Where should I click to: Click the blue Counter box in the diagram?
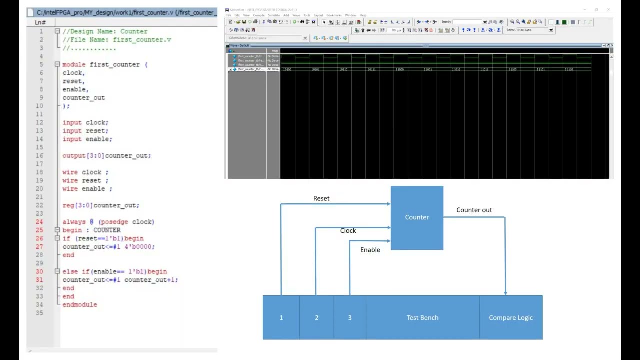point(417,217)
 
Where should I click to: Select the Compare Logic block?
point(511,318)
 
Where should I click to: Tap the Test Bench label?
point(422,318)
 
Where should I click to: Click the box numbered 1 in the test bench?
point(281,318)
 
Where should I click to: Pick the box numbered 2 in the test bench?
point(316,318)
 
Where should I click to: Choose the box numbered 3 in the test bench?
point(350,318)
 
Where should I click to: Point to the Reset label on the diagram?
point(321,198)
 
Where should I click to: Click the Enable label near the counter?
point(370,250)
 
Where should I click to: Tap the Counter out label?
point(474,210)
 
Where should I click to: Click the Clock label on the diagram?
point(348,231)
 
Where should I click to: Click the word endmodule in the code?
point(80,305)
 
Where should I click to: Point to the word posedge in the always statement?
point(114,222)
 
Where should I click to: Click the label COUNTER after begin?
point(107,230)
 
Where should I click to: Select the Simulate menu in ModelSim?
point(274,15)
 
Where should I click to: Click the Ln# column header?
point(40,22)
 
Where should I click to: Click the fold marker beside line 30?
point(57,271)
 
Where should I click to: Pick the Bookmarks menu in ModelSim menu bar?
point(334,15)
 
